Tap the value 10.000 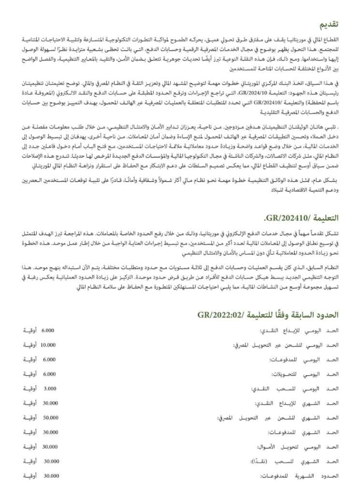(48, 345)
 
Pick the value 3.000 (50, 389)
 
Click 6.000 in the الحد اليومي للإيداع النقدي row (49, 331)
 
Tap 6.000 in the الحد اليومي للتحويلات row (50, 374)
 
